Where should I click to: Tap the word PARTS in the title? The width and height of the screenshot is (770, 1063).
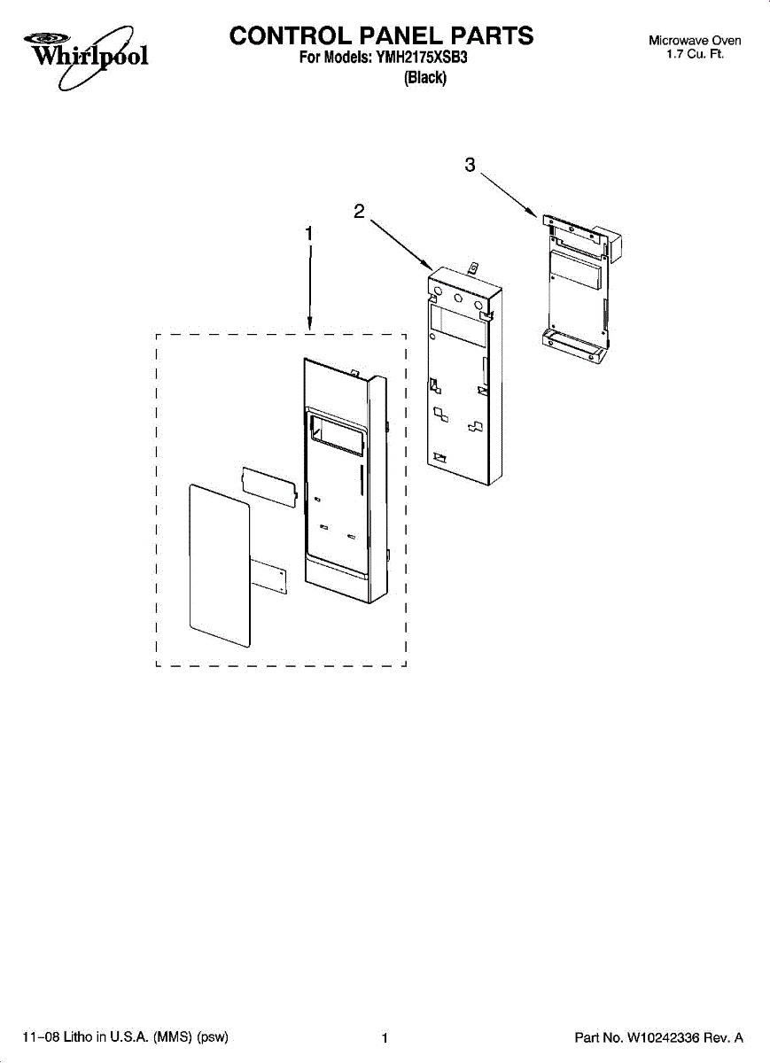click(x=493, y=35)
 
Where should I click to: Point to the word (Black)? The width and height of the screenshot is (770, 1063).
click(x=425, y=78)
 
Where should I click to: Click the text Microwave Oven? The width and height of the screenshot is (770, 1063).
click(x=695, y=41)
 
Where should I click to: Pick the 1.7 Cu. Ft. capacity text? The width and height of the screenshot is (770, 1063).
click(x=696, y=55)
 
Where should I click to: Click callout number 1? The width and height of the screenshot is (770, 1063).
click(x=308, y=233)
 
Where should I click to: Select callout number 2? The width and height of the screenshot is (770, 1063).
click(x=359, y=211)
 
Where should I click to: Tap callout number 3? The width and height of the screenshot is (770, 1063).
click(x=471, y=165)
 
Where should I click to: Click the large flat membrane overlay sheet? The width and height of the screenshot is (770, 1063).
click(x=219, y=564)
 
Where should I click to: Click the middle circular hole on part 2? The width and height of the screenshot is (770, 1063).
click(x=458, y=299)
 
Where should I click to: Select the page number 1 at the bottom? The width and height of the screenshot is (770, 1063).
click(x=385, y=1038)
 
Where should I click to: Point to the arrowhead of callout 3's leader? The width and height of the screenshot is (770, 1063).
click(x=536, y=215)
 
